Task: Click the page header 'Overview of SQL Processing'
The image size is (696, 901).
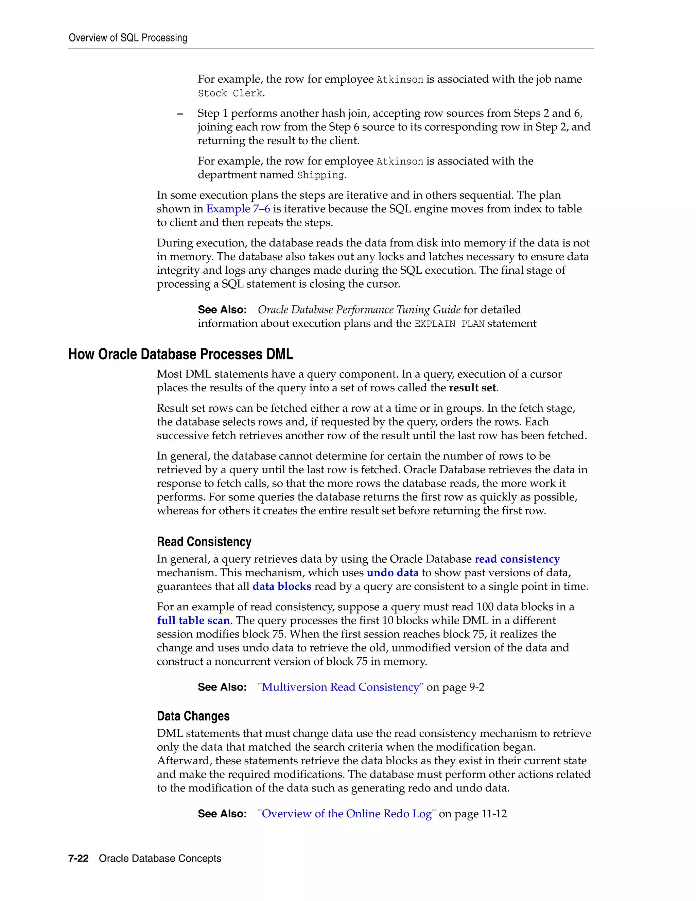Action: pos(128,38)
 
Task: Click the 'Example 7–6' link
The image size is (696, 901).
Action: pos(238,209)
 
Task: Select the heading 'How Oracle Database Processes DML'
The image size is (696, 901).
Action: pos(180,354)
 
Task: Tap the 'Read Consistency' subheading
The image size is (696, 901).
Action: pos(204,542)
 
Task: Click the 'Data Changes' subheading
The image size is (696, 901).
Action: pos(193,716)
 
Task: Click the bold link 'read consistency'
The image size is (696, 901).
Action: pos(517,559)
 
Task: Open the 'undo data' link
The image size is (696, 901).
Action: pos(393,573)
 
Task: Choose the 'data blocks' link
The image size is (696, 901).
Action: pos(282,586)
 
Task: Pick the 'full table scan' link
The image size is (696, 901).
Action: pos(193,620)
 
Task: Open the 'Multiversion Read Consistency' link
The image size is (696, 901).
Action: pos(341,687)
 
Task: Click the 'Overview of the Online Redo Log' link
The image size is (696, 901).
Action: pos(347,814)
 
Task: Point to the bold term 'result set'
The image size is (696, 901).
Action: pos(472,388)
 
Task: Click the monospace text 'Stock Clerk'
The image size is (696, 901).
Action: pos(230,93)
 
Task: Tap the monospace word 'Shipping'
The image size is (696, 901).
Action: pos(320,175)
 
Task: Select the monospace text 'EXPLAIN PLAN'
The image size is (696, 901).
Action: pos(449,324)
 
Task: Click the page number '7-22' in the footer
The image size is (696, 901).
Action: pos(79,859)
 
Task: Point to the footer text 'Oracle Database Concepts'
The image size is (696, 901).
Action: pos(160,859)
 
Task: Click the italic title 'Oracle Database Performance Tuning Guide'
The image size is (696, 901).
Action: pos(359,310)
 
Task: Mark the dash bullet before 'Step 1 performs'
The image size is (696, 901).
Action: pos(180,114)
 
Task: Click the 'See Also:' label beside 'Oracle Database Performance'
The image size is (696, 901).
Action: pos(222,310)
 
